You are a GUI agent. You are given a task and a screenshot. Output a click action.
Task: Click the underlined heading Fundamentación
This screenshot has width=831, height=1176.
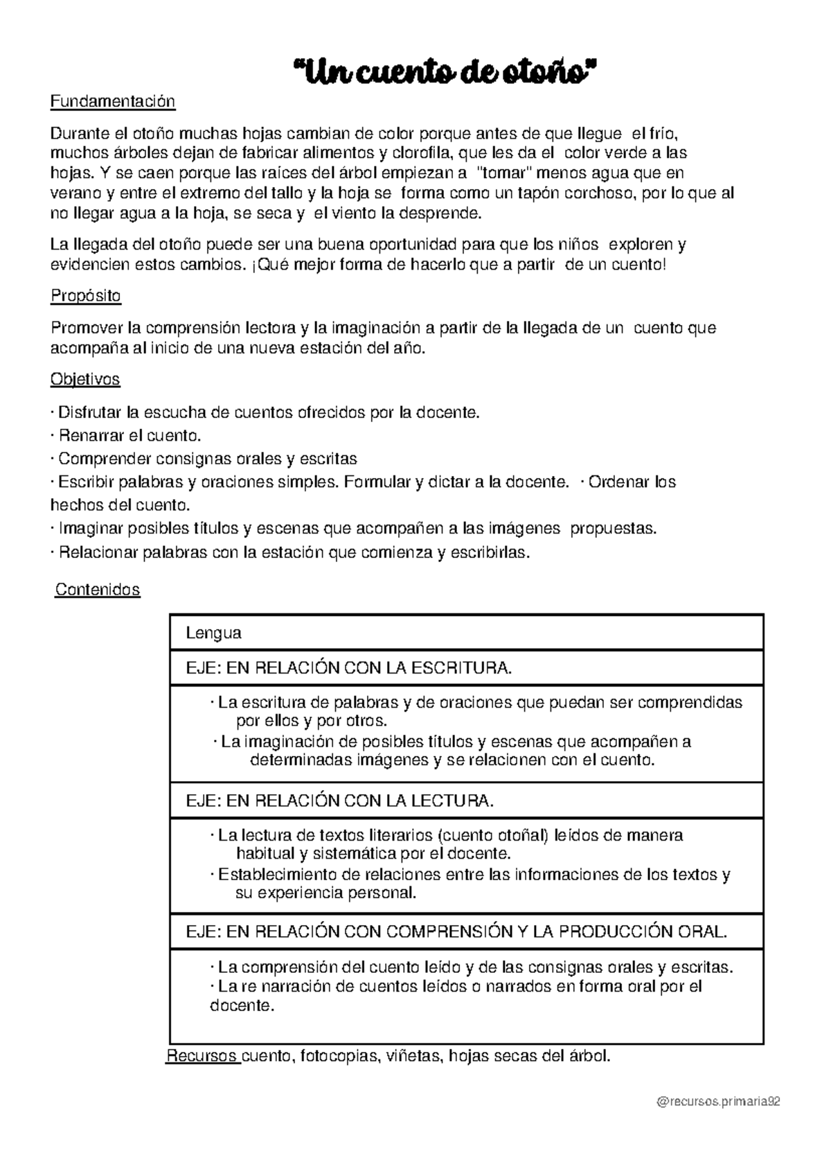point(113,102)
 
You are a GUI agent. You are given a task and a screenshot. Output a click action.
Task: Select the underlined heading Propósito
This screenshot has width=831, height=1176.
point(86,296)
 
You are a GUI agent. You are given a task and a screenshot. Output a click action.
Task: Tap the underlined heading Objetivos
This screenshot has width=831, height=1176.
point(85,380)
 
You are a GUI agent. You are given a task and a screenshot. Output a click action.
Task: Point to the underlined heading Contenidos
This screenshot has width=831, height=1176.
point(98,590)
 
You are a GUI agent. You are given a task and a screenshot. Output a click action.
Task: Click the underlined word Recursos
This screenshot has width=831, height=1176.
point(202,1056)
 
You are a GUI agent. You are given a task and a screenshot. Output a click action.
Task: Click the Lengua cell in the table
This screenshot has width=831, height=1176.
point(214,633)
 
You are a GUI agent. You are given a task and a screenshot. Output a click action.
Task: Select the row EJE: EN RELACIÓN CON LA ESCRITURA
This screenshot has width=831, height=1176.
point(349,668)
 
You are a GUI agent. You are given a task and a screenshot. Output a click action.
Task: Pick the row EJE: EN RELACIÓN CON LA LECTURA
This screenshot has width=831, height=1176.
point(340,800)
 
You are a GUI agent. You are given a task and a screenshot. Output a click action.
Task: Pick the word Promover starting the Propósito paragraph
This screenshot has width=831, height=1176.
point(84,328)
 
